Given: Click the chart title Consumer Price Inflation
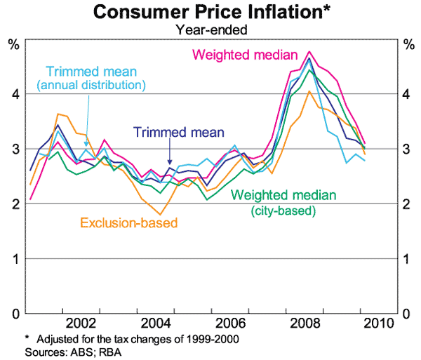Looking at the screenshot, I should [210, 12].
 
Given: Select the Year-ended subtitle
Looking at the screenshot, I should [210, 29].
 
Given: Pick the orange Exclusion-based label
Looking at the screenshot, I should [128, 224].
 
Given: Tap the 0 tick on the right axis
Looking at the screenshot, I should [406, 314].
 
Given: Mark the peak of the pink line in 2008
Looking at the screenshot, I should [309, 52].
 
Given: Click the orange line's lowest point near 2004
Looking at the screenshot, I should [161, 214].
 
